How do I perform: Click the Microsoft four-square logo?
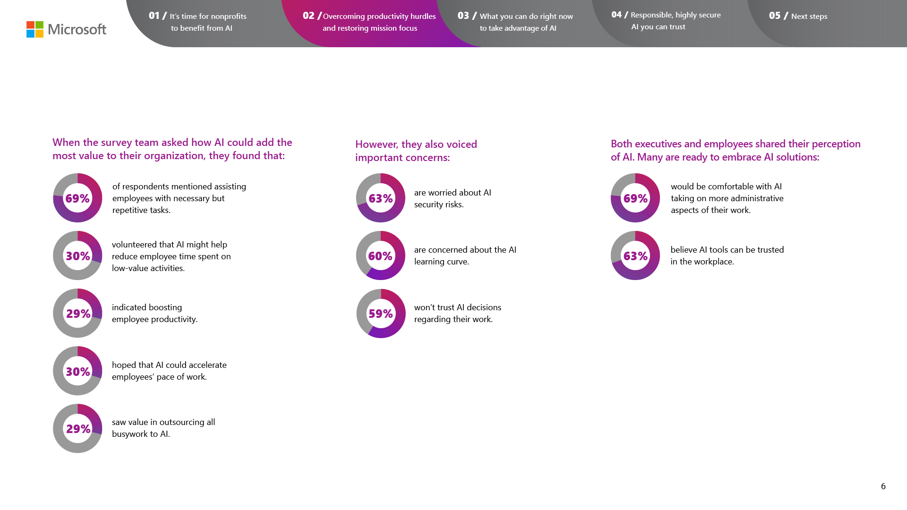pyautogui.click(x=35, y=29)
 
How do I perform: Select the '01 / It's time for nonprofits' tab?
pyautogui.click(x=198, y=22)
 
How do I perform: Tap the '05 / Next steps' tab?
pyautogui.click(x=798, y=16)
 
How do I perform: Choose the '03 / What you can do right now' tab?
pyautogui.click(x=515, y=22)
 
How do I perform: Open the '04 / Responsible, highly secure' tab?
pyautogui.click(x=666, y=21)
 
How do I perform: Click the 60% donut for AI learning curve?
pyautogui.click(x=380, y=255)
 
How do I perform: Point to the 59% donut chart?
pyautogui.click(x=381, y=314)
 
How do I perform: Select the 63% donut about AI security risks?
pyautogui.click(x=381, y=198)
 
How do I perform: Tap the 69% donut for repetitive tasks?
pyautogui.click(x=77, y=198)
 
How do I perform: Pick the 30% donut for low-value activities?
pyautogui.click(x=77, y=255)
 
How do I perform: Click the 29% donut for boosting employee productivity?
pyautogui.click(x=77, y=313)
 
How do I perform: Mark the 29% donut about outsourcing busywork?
pyautogui.click(x=77, y=428)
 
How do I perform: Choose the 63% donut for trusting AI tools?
pyautogui.click(x=635, y=255)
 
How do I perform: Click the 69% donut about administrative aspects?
pyautogui.click(x=635, y=198)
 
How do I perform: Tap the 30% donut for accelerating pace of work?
pyautogui.click(x=77, y=371)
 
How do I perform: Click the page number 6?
pyautogui.click(x=883, y=486)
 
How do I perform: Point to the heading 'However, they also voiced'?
pyautogui.click(x=416, y=144)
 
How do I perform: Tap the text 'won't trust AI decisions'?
pyautogui.click(x=457, y=307)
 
